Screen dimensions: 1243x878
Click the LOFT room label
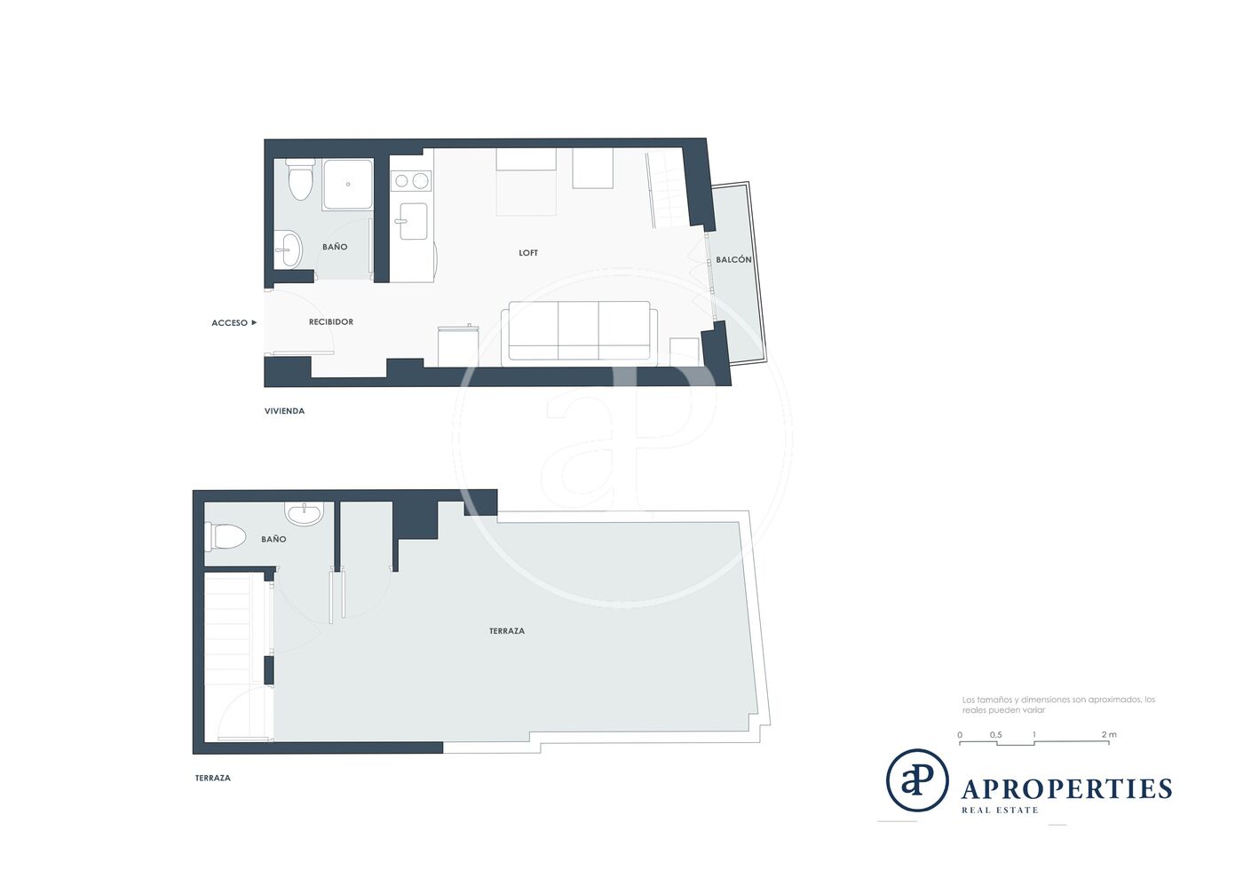527,253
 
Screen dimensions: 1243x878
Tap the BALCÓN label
733,260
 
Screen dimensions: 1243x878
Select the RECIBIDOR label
330,322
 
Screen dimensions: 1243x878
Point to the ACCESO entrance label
229,323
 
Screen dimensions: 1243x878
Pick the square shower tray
348,185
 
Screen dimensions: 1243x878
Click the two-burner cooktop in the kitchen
411,180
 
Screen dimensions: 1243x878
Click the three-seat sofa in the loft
579,334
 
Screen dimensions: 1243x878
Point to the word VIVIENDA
284,411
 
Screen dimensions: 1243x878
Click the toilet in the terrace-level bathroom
226,537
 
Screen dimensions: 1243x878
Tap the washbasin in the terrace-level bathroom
304,513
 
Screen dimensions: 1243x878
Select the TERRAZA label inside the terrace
507,631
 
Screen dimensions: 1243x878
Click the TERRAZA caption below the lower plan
212,778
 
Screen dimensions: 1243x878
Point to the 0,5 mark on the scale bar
995,735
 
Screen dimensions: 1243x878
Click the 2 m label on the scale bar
1109,735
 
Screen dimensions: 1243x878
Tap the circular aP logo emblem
916,780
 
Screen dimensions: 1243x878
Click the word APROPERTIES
1066,789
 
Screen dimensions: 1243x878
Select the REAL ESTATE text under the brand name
1000,811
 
